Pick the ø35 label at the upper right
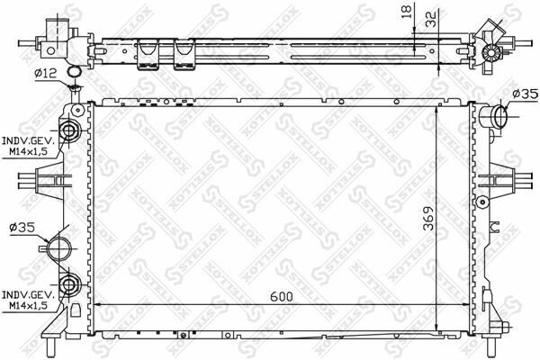pyautogui.click(x=524, y=94)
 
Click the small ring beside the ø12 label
pyautogui.click(x=75, y=73)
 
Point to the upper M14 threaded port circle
pyautogui.click(x=71, y=131)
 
